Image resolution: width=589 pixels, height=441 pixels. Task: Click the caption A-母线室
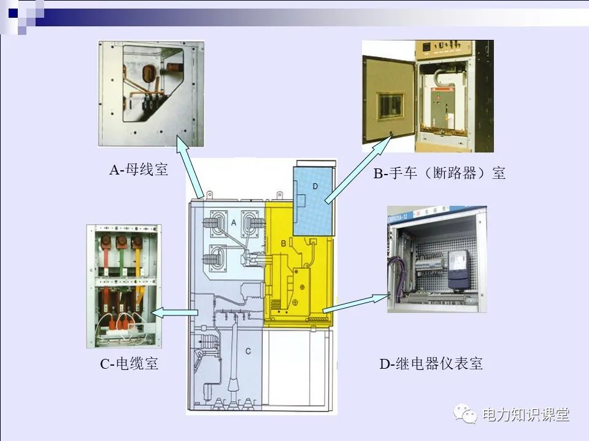coord(139,170)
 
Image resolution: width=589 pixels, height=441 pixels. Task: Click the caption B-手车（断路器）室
coord(439,173)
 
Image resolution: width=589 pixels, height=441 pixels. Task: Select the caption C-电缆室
coord(129,364)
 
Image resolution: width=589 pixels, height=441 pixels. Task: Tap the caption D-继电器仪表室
coord(431,364)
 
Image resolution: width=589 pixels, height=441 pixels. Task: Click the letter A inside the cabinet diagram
coord(233,224)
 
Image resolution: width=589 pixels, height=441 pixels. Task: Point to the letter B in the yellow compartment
coord(284,243)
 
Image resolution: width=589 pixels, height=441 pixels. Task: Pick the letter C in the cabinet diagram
coord(248,351)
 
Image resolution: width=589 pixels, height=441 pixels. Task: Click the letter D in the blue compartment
coord(315,186)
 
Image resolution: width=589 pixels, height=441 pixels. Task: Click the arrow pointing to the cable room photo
coord(175,314)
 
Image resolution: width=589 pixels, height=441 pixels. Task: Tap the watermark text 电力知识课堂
coord(526,415)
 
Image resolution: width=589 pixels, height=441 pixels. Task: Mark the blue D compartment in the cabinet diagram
coord(313,199)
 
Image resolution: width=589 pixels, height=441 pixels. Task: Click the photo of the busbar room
coord(151,93)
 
